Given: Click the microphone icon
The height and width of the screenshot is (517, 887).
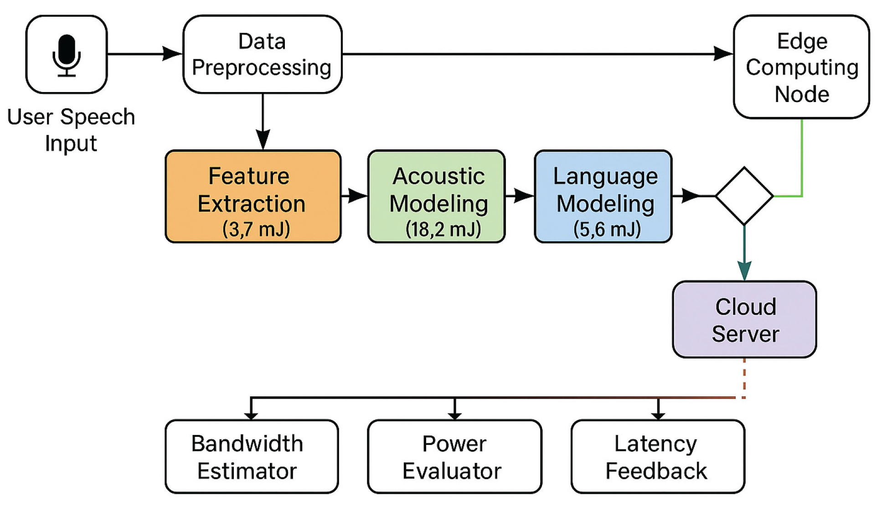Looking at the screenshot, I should pyautogui.click(x=67, y=55).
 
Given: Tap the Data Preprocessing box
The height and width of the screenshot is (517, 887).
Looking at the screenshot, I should pyautogui.click(x=262, y=54).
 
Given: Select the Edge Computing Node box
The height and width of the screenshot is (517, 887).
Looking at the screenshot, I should pyautogui.click(x=801, y=67).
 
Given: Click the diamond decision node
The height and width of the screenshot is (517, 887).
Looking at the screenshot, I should pyautogui.click(x=744, y=196).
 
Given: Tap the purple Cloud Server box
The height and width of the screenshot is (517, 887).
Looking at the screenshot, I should pyautogui.click(x=744, y=320).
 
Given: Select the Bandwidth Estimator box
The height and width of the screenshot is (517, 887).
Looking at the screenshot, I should pyautogui.click(x=252, y=457).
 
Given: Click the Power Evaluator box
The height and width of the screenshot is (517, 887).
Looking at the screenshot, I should pyautogui.click(x=454, y=457).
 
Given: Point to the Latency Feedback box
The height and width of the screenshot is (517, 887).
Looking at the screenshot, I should pyautogui.click(x=657, y=457).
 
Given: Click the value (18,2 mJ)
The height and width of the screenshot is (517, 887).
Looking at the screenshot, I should pyautogui.click(x=443, y=229).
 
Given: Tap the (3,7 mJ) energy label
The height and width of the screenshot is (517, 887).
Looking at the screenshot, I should pyautogui.click(x=256, y=229).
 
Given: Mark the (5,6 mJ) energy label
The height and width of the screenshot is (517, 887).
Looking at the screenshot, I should pyautogui.click(x=607, y=229).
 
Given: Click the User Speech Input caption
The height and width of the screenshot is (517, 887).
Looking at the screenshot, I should pyautogui.click(x=71, y=130).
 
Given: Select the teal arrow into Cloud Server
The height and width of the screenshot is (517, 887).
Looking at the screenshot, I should pyautogui.click(x=744, y=255).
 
